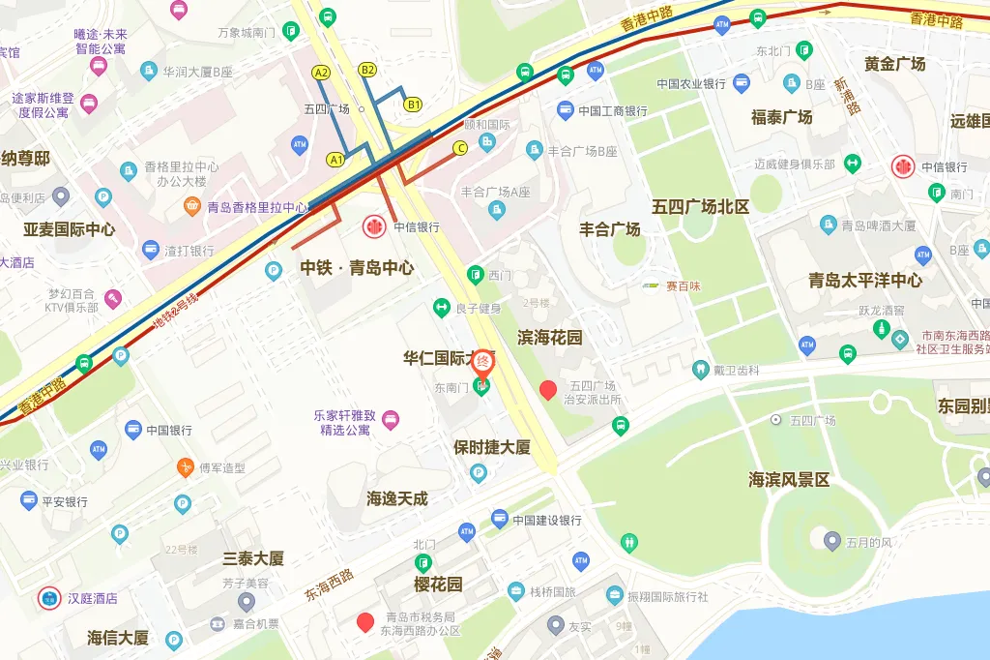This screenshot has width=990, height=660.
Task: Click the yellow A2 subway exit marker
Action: click(x=321, y=73)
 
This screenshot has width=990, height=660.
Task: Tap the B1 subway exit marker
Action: click(x=414, y=104)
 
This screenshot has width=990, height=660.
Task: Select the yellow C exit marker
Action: click(x=460, y=147)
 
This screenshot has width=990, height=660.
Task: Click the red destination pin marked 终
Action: click(x=482, y=363)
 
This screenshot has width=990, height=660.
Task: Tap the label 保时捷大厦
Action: click(x=492, y=447)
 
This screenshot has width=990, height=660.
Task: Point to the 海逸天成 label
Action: click(x=396, y=499)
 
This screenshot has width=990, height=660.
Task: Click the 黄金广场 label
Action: click(x=894, y=64)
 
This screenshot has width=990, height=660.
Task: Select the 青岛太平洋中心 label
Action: click(x=865, y=281)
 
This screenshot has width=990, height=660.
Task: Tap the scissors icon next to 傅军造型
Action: click(x=185, y=467)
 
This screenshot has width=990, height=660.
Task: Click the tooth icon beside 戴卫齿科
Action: click(x=700, y=369)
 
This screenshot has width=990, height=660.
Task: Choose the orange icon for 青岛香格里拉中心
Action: click(x=192, y=207)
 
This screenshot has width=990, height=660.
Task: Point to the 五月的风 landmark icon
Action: click(x=831, y=541)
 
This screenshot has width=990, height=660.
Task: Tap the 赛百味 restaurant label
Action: click(x=678, y=285)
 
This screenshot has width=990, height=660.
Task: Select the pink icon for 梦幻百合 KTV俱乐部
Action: click(x=113, y=298)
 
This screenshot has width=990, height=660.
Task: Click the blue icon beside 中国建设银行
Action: click(x=499, y=520)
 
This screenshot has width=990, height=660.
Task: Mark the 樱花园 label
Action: click(x=438, y=585)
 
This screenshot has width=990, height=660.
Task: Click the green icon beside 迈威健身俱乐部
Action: click(x=852, y=164)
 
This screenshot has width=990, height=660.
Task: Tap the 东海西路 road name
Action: click(x=329, y=584)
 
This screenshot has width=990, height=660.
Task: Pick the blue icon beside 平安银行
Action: click(x=29, y=501)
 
